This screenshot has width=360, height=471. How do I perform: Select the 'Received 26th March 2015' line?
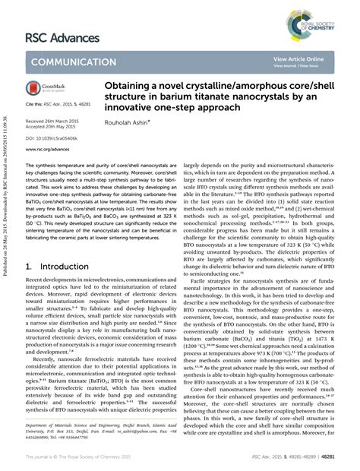click(52, 121)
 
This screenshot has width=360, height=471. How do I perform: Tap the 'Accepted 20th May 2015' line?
click(50, 127)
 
